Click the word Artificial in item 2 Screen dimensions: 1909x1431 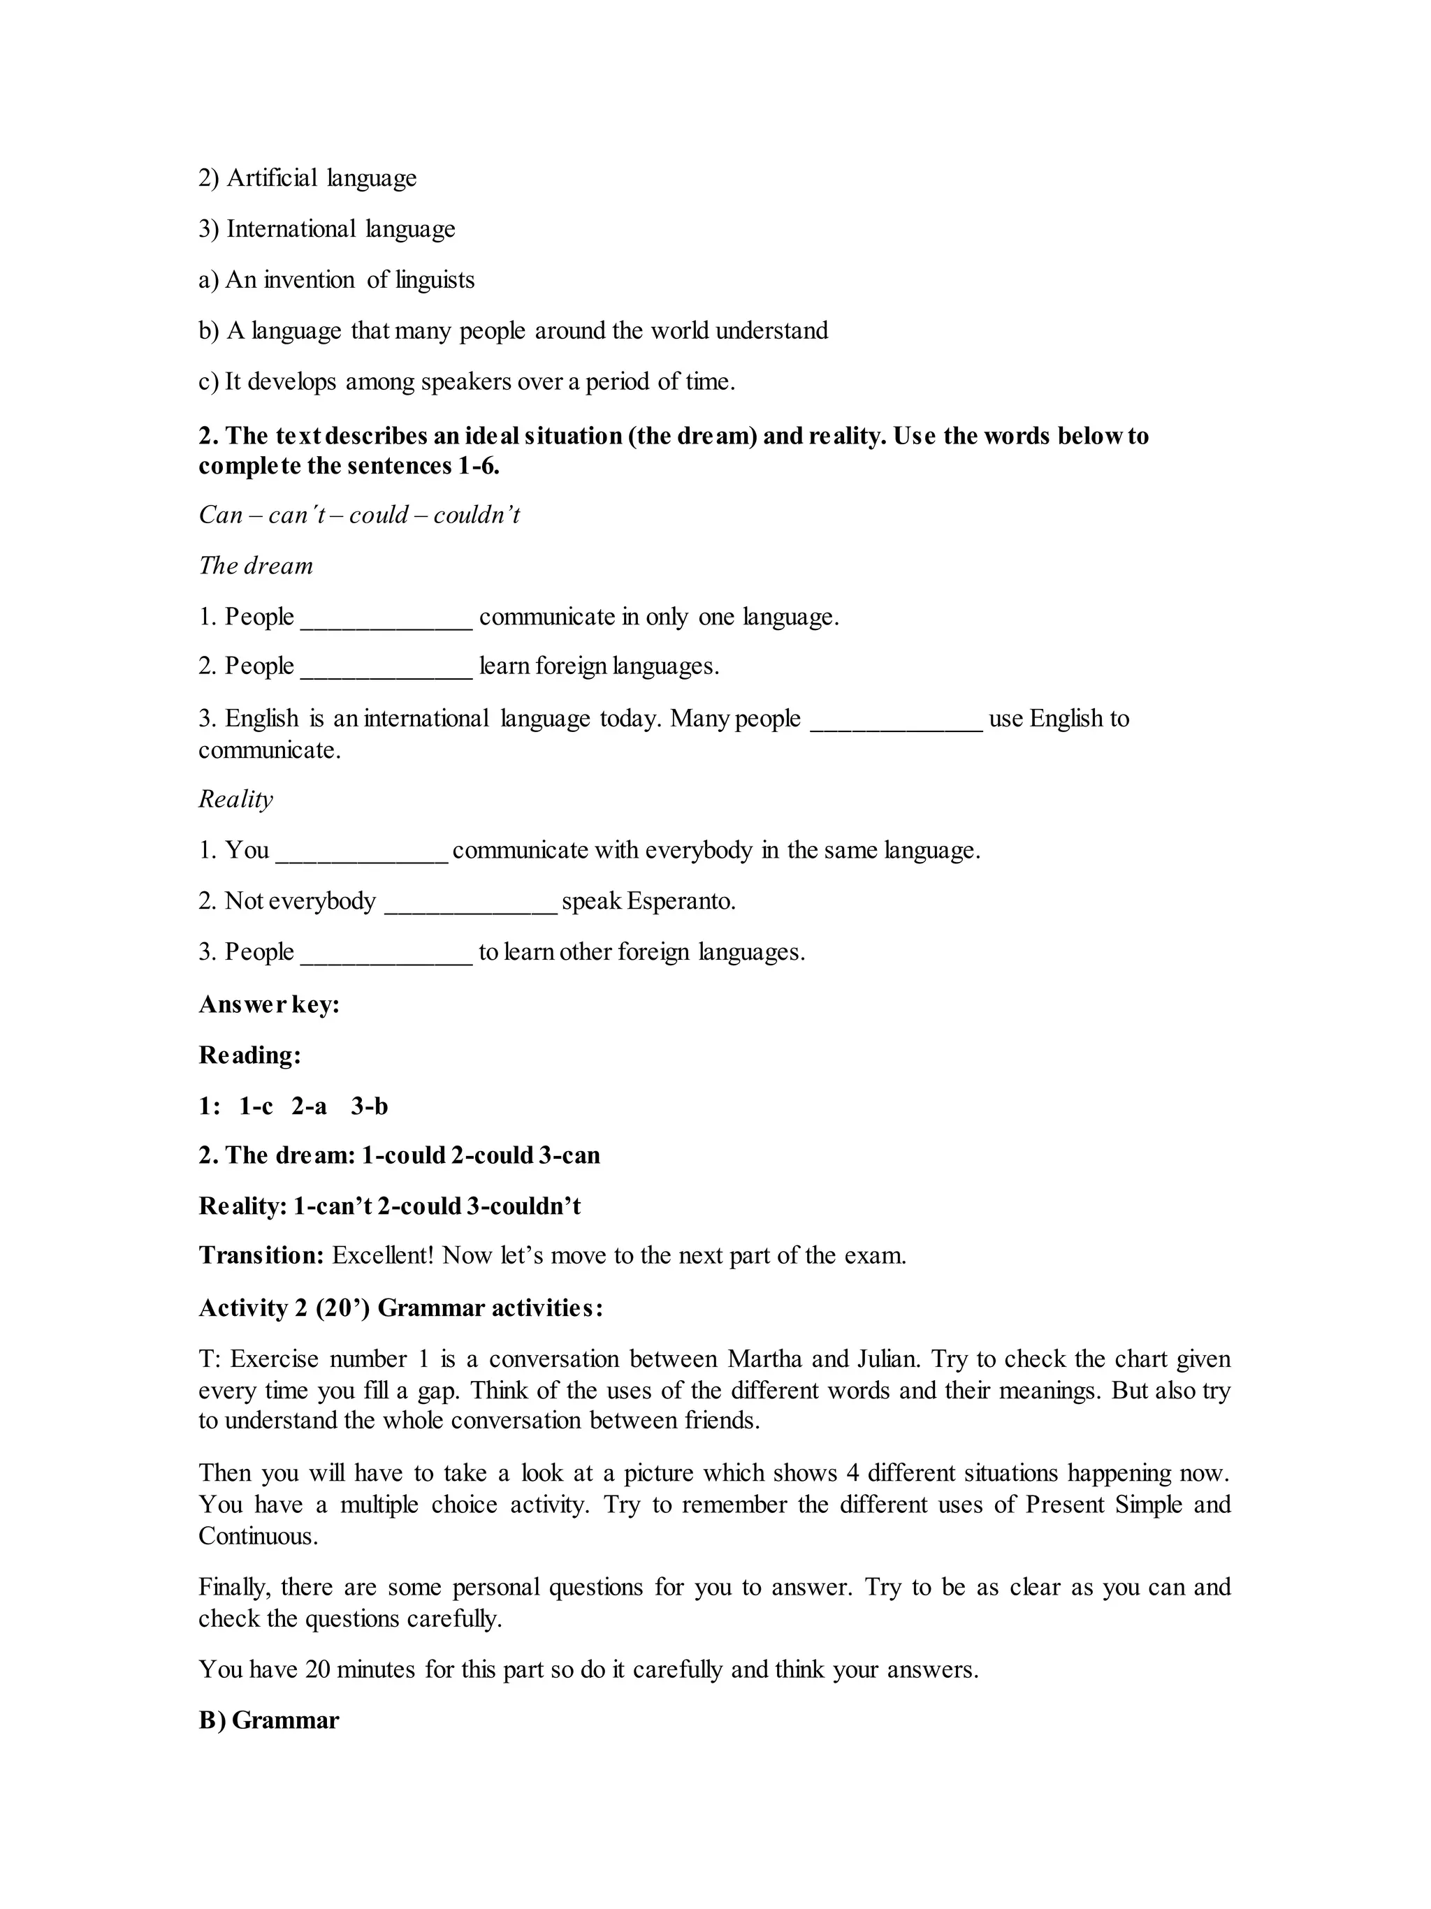point(272,178)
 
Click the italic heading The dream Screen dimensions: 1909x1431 point(256,566)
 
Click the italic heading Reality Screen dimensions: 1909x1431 point(235,798)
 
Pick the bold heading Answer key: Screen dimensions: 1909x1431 point(268,1004)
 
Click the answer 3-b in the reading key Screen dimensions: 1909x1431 point(370,1106)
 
